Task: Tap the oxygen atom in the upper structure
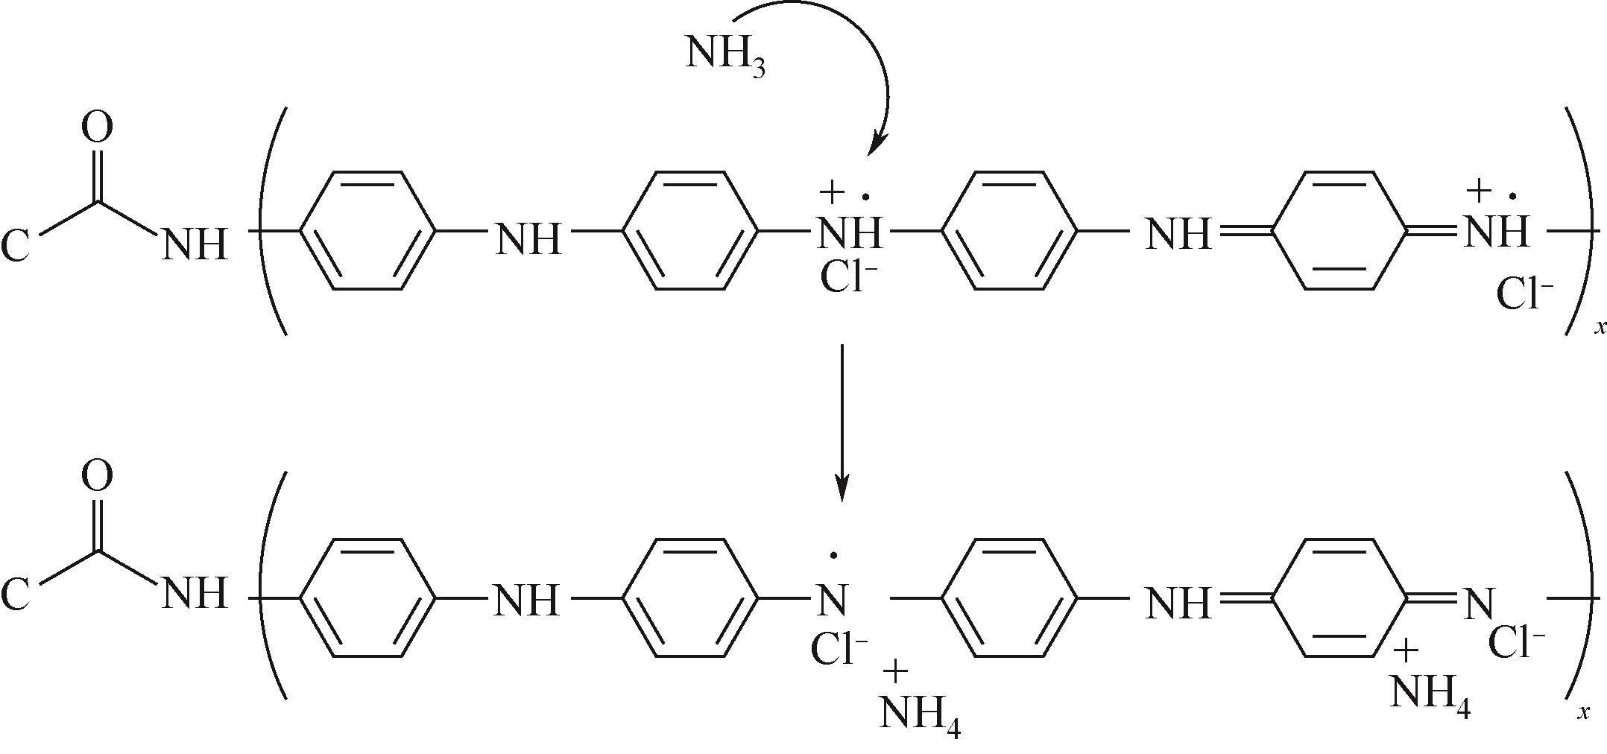coord(97,127)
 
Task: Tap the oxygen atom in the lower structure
coord(97,476)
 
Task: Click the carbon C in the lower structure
coord(16,594)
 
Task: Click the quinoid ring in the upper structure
coord(1339,231)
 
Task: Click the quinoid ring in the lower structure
coord(1339,598)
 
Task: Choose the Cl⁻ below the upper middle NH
coord(847,278)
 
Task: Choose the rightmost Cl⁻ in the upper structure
coord(1524,295)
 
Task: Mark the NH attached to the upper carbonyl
coord(194,244)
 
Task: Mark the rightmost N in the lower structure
coord(1478,602)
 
